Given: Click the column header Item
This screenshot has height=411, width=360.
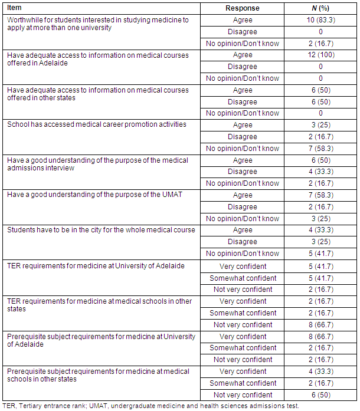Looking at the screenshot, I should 15,8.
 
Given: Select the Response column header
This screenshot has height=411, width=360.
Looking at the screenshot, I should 243,8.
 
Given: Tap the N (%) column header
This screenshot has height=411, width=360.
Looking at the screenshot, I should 320,8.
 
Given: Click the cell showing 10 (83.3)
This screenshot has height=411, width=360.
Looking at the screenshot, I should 320,20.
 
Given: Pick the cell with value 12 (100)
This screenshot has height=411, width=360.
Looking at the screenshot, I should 320,55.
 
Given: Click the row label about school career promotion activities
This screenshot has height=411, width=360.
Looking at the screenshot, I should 96,125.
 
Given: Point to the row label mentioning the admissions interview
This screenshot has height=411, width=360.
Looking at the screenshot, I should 97,164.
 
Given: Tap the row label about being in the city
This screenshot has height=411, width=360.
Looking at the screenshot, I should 100,230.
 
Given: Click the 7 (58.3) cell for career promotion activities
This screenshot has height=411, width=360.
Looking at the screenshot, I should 320,149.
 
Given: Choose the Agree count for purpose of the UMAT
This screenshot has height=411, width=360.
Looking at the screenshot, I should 320,195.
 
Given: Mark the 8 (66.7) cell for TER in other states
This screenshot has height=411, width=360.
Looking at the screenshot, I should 320,324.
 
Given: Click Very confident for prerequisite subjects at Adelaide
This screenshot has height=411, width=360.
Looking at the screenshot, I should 243,336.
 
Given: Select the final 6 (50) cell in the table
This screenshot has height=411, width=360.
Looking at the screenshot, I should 320,394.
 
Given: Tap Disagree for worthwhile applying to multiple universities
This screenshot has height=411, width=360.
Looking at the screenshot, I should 243,32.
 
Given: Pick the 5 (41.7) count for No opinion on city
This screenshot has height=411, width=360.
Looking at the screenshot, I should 320,254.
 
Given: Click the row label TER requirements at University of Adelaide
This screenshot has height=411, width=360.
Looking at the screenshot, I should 96,265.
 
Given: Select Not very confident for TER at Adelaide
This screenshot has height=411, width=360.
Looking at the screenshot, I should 243,289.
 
